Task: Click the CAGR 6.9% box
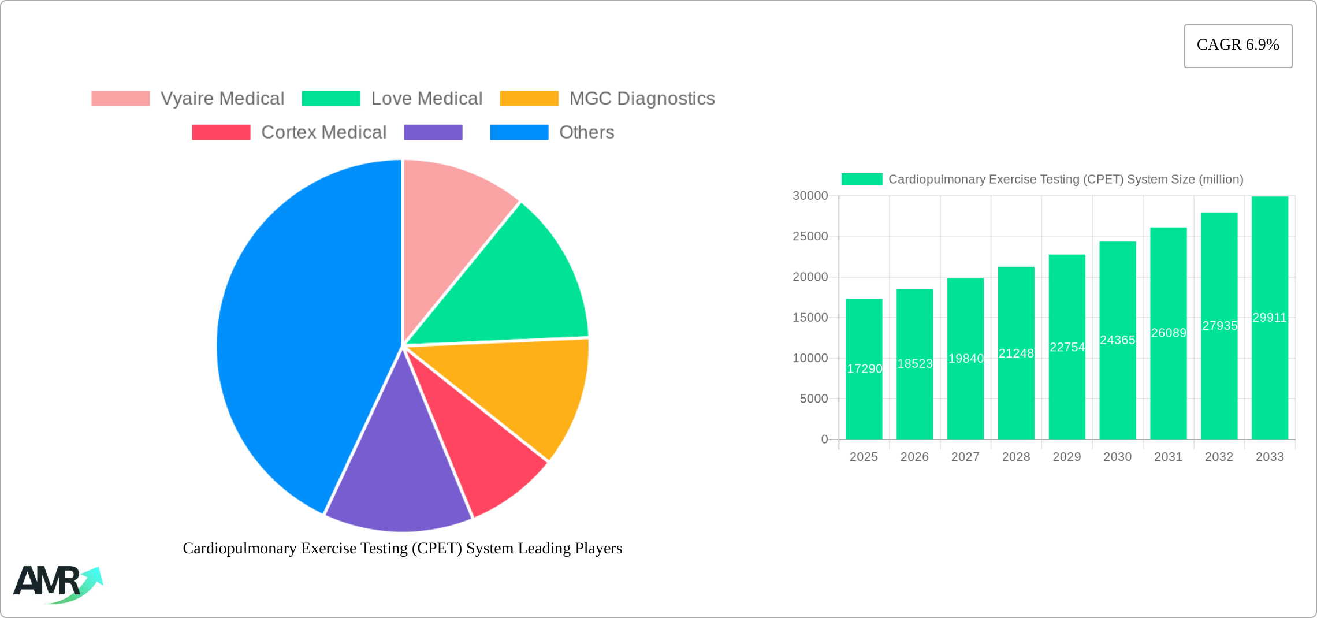(1238, 46)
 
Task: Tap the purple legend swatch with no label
(433, 132)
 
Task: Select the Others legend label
(586, 132)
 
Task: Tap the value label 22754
(1067, 347)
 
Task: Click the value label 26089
(1169, 333)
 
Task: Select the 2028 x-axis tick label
(1016, 457)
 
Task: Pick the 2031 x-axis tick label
(1168, 457)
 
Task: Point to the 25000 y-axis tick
(810, 236)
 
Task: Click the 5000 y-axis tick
(813, 399)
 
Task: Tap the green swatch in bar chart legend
(861, 179)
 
